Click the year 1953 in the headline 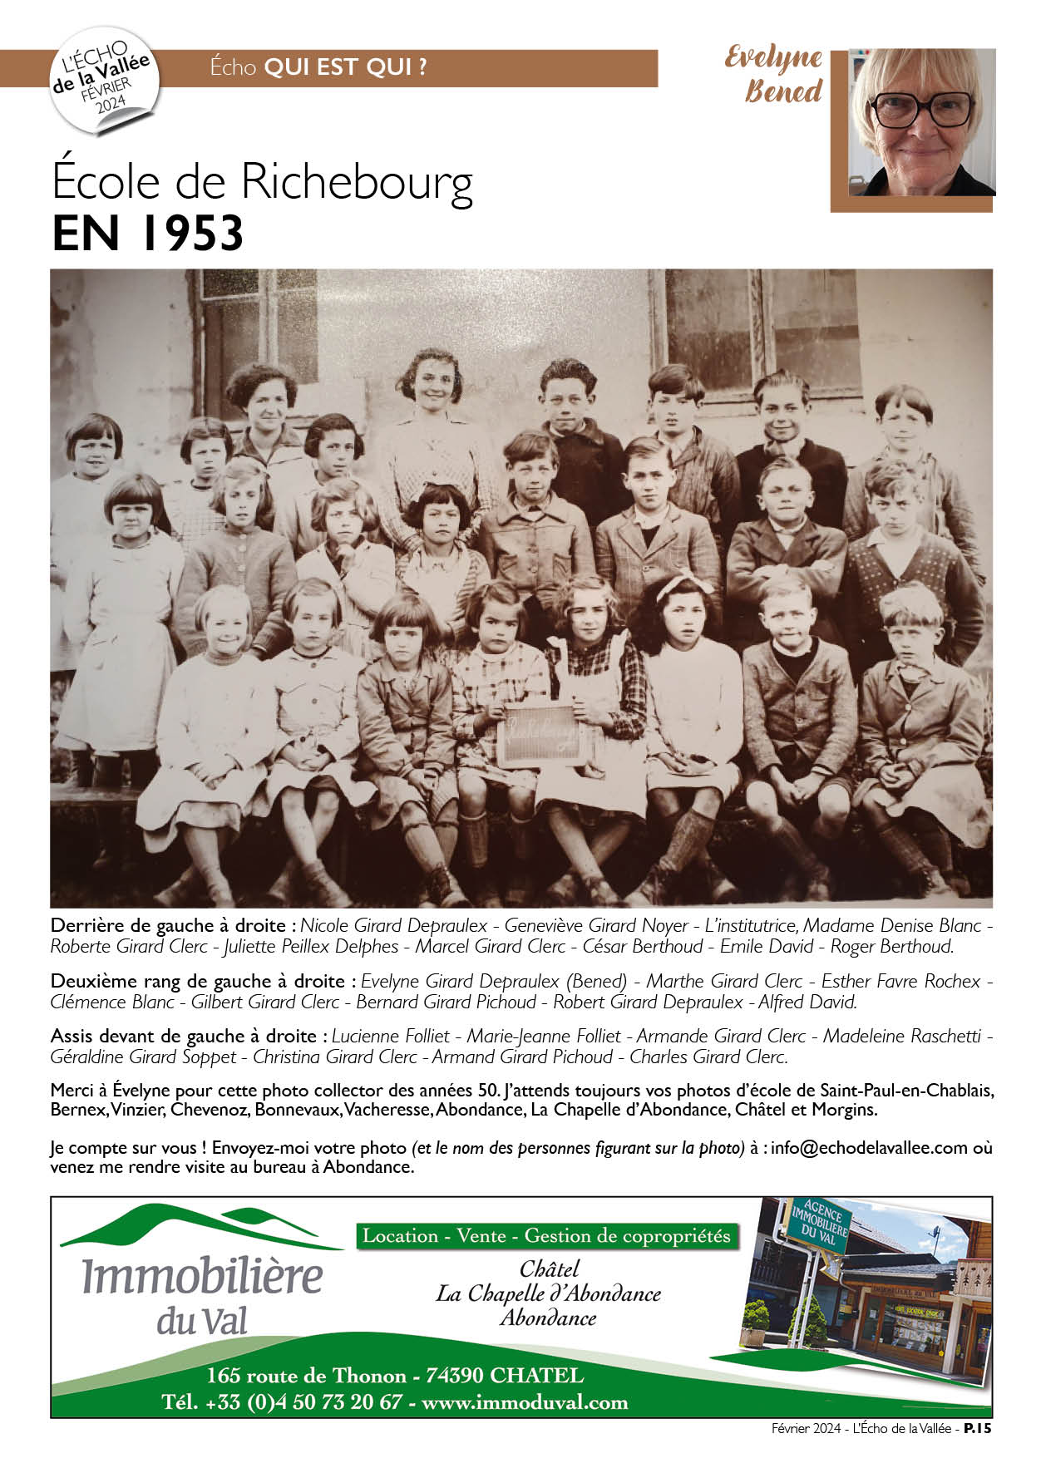(x=191, y=234)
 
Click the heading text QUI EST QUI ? (x=345, y=67)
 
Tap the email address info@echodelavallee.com (x=869, y=1148)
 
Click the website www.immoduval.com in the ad (x=525, y=1402)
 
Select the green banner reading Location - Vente (x=546, y=1236)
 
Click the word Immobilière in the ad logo (x=202, y=1277)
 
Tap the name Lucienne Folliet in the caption (x=391, y=1036)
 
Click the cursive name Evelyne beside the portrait (x=773, y=58)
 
